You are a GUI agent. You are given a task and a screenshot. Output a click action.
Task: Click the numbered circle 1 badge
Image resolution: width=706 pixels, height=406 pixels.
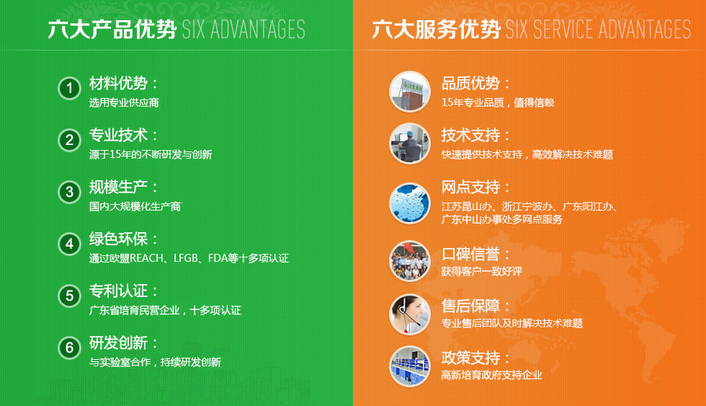[69, 88]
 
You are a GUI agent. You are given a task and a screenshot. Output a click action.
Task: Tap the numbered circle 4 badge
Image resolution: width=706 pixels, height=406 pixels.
[69, 244]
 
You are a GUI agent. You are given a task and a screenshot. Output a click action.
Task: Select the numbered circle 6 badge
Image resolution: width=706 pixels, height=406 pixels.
[69, 348]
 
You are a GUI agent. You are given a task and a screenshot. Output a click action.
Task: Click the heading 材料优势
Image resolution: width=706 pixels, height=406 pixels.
[118, 84]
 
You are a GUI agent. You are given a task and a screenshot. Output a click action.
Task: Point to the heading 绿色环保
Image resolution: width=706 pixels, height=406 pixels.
[118, 239]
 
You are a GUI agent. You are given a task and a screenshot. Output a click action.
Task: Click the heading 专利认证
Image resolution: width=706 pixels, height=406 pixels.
[118, 291]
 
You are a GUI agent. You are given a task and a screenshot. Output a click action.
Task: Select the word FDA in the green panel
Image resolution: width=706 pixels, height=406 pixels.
[218, 258]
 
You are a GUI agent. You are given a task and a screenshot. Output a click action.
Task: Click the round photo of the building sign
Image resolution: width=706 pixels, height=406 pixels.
[410, 92]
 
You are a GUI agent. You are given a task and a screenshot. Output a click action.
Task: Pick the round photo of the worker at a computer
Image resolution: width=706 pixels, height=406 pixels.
[410, 144]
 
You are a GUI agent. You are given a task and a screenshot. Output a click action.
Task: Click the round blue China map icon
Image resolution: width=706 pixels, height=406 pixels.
[410, 203]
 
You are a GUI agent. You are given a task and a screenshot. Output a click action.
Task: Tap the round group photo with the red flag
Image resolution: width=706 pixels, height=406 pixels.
[410, 261]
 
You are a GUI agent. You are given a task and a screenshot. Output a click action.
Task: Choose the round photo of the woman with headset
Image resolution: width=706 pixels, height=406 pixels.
[410, 314]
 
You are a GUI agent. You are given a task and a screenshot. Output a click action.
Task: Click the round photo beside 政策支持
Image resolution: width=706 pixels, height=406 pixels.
[410, 366]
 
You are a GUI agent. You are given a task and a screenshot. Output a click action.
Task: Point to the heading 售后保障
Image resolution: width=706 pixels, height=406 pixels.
[470, 306]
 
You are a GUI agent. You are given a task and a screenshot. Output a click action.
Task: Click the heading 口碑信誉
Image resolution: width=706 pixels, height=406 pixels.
[470, 255]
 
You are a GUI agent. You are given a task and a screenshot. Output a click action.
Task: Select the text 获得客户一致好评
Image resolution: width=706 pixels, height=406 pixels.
[481, 271]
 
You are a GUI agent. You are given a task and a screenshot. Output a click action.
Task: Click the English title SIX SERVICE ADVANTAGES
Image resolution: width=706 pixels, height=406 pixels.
[598, 30]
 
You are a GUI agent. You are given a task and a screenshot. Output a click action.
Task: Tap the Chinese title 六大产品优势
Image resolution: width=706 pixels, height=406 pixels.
[112, 30]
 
